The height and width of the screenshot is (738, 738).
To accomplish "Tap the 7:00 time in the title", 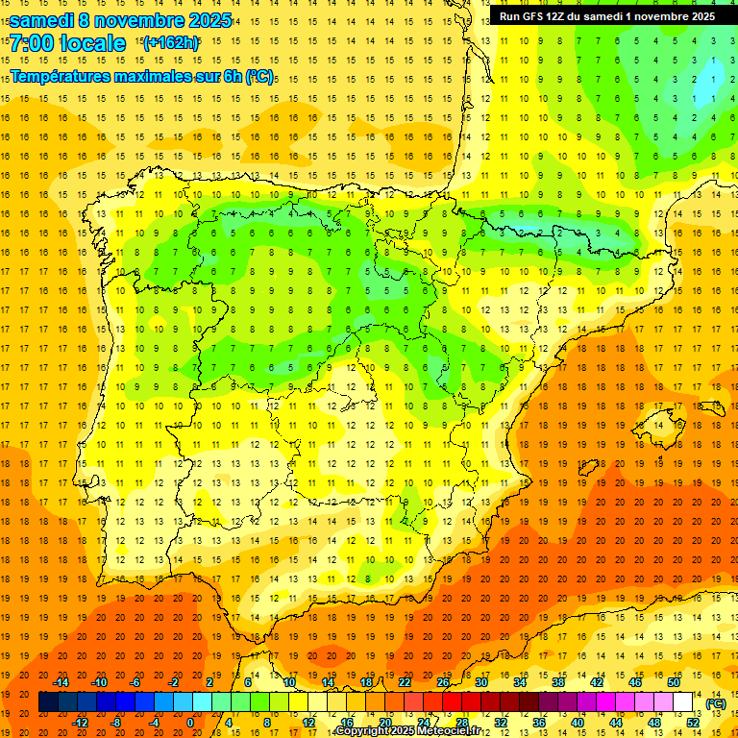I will pyautogui.click(x=35, y=44).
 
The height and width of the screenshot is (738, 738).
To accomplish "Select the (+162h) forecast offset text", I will pyautogui.click(x=170, y=42).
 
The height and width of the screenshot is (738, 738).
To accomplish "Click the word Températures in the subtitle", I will pyautogui.click(x=64, y=75).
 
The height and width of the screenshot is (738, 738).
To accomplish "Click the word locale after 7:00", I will pyautogui.click(x=96, y=44).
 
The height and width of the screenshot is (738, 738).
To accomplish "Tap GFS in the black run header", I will pyautogui.click(x=533, y=16).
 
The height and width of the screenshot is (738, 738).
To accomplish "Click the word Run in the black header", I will pyautogui.click(x=510, y=16).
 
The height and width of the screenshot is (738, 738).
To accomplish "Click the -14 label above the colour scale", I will pyautogui.click(x=61, y=682).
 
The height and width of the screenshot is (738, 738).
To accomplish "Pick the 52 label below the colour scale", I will pyautogui.click(x=693, y=723).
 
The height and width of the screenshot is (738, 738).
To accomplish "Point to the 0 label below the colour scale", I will pyautogui.click(x=190, y=723).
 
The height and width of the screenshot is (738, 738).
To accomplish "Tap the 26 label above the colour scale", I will pyautogui.click(x=443, y=682).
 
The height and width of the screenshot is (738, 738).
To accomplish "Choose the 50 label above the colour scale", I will pyautogui.click(x=674, y=682).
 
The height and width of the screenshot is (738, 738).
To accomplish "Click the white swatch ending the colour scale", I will pyautogui.click(x=683, y=702).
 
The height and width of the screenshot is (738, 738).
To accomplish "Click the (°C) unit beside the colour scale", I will pyautogui.click(x=716, y=703).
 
